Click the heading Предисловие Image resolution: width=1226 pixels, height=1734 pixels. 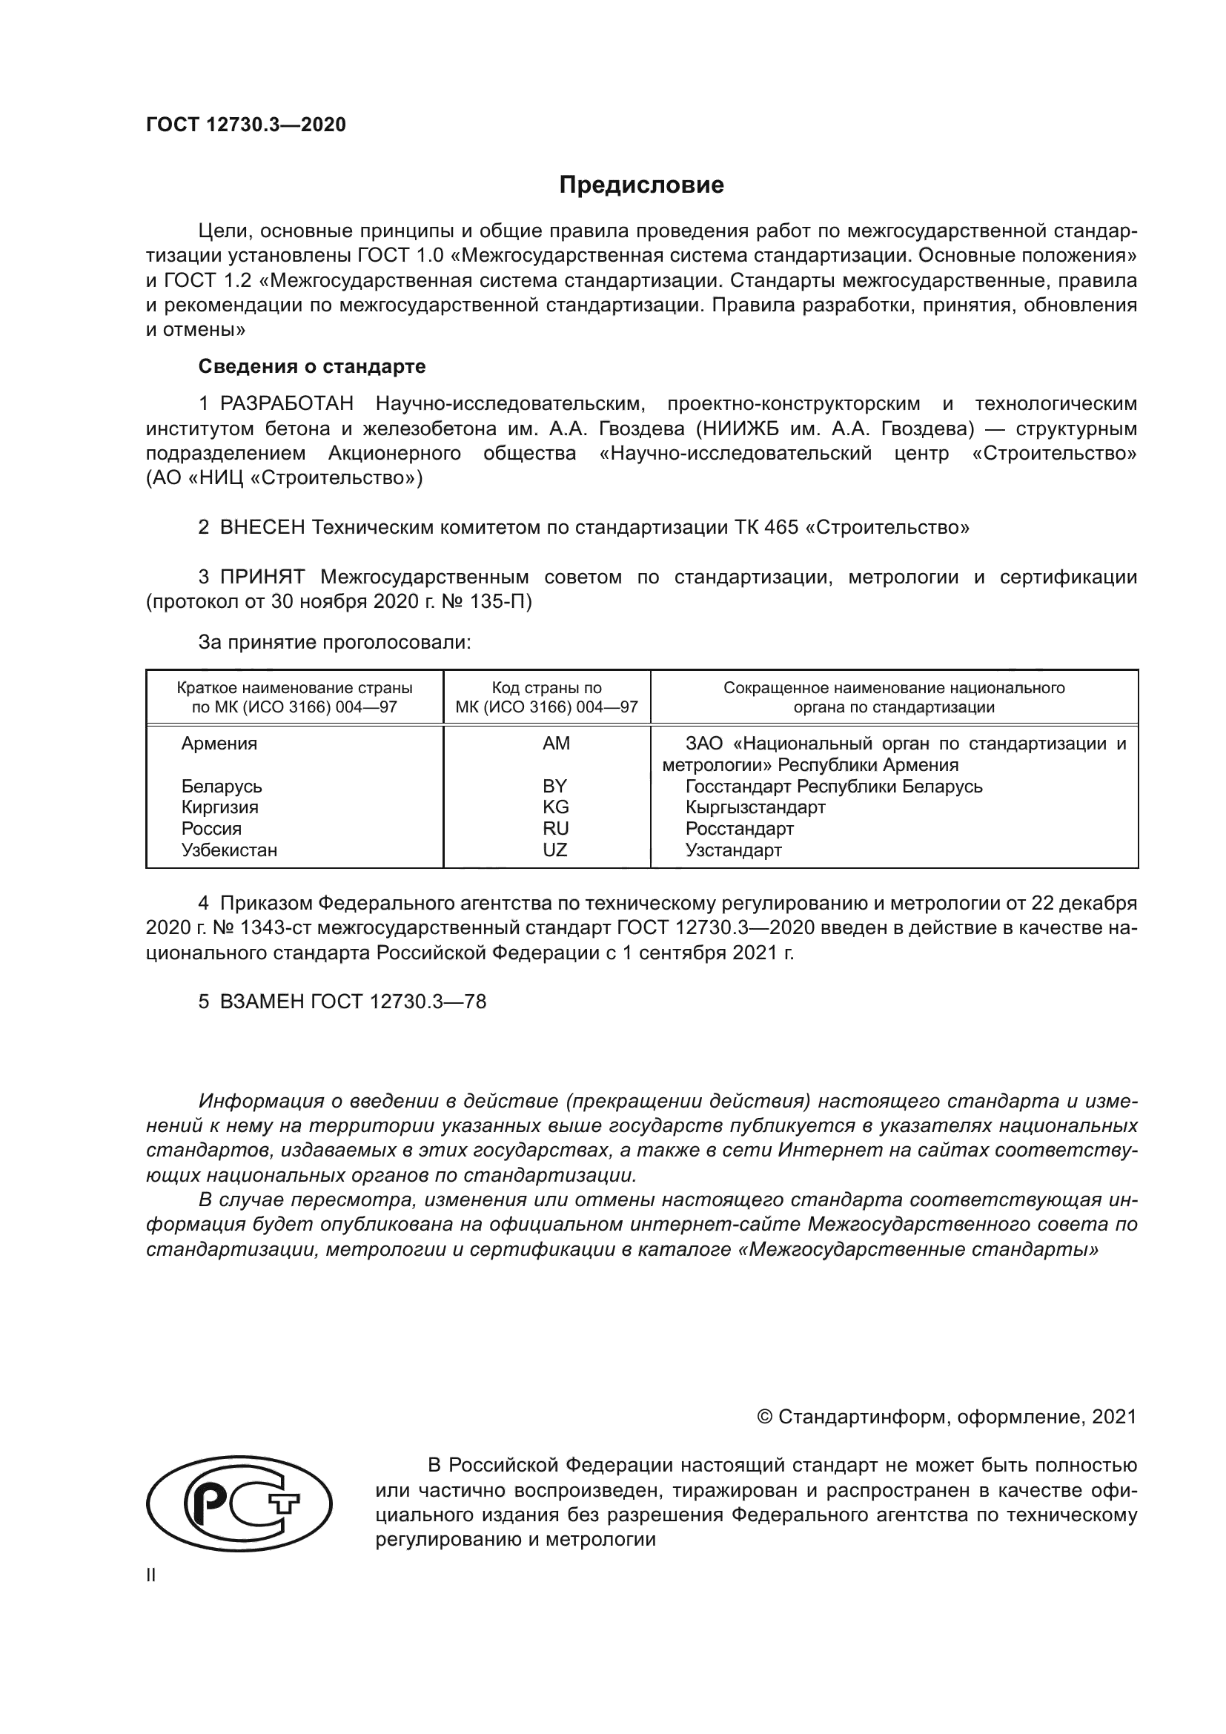click(x=641, y=185)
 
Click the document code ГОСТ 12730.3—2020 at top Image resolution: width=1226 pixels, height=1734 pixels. click(x=246, y=125)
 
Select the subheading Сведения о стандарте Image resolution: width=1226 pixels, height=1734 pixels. click(x=312, y=367)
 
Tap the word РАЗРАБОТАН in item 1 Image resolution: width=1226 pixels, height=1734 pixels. click(x=286, y=404)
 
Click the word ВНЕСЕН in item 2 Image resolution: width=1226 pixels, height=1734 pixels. click(x=262, y=527)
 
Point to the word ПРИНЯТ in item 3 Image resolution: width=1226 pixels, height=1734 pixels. click(x=262, y=578)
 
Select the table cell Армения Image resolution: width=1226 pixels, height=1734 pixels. click(x=219, y=744)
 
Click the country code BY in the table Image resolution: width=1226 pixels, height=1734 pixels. click(x=555, y=786)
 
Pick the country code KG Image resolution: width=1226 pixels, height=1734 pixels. click(x=556, y=807)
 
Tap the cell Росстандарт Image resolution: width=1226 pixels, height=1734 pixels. click(x=739, y=829)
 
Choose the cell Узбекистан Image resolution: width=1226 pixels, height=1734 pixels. click(x=229, y=850)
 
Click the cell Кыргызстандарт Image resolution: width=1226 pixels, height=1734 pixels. click(x=755, y=807)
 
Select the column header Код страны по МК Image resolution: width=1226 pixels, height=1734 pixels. click(x=546, y=698)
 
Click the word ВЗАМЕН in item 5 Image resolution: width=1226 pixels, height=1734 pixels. click(x=262, y=1002)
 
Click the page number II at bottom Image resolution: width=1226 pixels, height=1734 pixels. click(x=151, y=1575)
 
